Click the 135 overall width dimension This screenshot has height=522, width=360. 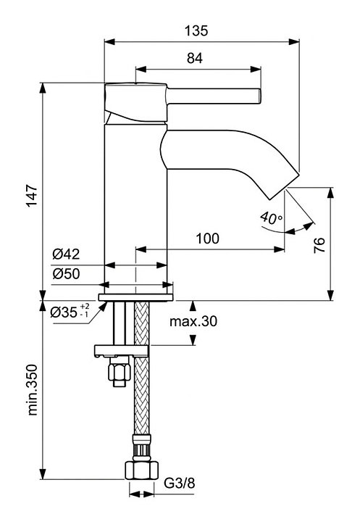coord(196,30)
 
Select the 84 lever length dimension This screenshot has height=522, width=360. coord(195,58)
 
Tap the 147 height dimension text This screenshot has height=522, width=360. coord(33,196)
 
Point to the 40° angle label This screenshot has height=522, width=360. coord(271,217)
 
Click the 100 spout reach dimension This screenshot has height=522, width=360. coord(207,239)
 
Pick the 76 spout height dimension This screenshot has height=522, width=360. coord(319,245)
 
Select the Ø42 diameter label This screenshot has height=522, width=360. coord(66,254)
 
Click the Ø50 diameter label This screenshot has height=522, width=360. coord(66,273)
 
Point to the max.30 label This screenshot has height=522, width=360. coord(193,321)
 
